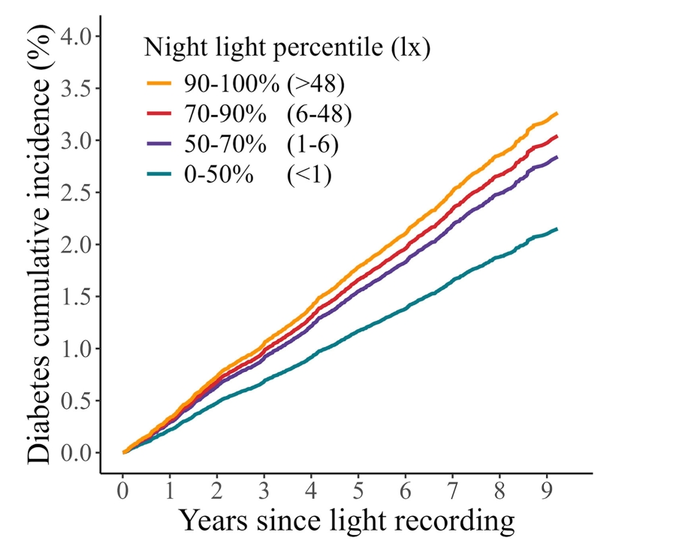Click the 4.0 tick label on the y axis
(76, 36)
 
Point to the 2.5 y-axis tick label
(76, 192)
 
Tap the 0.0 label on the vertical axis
(76, 453)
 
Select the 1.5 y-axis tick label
(76, 297)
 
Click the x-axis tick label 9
(547, 491)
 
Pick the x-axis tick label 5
(358, 491)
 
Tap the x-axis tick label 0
(123, 491)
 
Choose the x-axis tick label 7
(452, 491)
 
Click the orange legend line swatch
(159, 83)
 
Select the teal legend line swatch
(159, 174)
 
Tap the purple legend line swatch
(159, 144)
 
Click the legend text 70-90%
(225, 114)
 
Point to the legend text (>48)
(315, 83)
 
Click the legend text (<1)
(309, 175)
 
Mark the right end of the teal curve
(557, 229)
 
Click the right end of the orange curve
(557, 113)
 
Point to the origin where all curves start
(123, 452)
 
